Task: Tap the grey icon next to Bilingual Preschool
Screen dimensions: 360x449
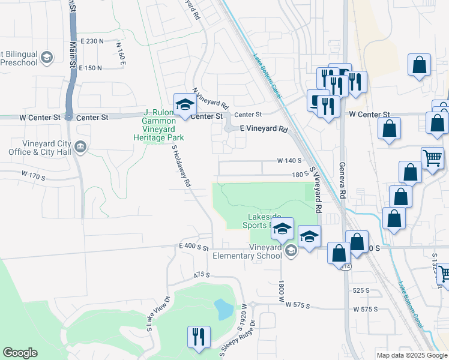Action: [x=47, y=58]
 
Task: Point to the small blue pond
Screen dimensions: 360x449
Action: [x=223, y=309]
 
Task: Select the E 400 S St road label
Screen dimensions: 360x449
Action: [x=193, y=247]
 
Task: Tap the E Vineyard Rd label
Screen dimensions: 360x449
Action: [x=264, y=129]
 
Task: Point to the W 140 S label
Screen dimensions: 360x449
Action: [x=289, y=161]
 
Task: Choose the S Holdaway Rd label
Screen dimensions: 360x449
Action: [x=181, y=165]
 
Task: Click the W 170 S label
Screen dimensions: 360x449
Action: [x=33, y=176]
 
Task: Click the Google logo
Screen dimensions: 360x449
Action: [x=20, y=353]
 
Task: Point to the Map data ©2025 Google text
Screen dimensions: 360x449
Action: [x=412, y=355]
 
